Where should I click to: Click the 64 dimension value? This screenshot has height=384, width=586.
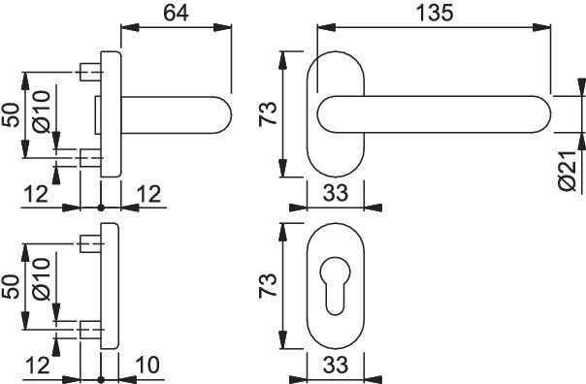176,13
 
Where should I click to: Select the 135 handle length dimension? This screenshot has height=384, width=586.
435,13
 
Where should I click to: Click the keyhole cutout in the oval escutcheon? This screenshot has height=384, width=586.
336,285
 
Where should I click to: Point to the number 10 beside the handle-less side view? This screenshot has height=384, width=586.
147,365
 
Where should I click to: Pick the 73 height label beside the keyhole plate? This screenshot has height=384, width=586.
268,285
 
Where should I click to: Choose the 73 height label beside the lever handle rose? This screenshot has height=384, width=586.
268,113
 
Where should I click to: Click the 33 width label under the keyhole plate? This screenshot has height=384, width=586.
336,365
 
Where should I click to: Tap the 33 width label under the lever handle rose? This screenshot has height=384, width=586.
336,193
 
